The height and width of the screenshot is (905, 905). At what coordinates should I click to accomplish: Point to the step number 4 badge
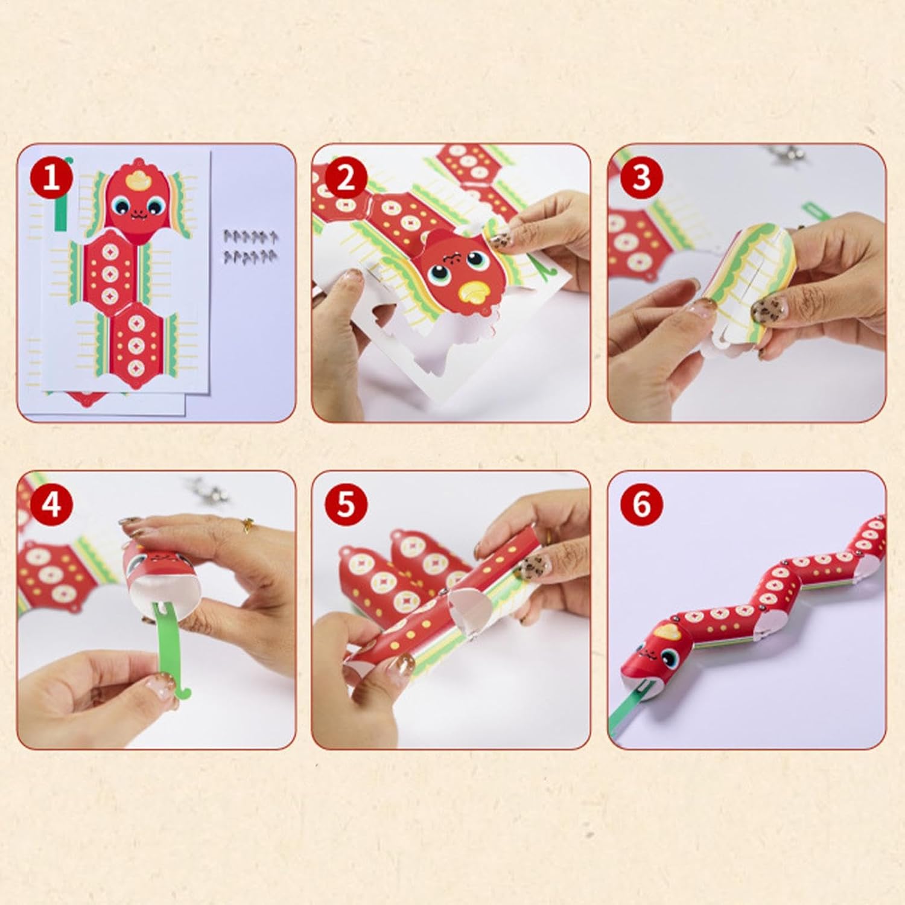[x=52, y=504]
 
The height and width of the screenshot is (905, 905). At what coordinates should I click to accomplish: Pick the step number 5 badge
[x=345, y=504]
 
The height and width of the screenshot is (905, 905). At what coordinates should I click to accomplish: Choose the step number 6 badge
[x=641, y=504]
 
